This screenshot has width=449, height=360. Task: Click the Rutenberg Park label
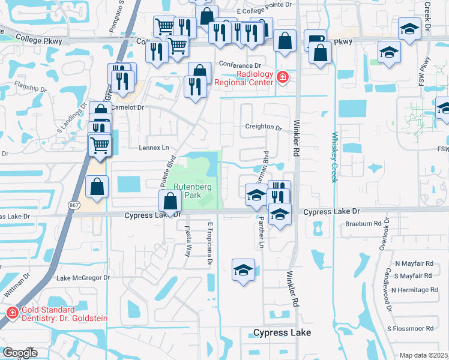tap(191, 191)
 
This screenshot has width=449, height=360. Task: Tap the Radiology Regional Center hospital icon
tap(282, 77)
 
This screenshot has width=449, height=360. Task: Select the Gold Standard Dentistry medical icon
tap(11, 312)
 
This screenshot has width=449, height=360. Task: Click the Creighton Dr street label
tap(264, 127)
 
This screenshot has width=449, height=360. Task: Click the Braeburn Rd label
tap(363, 223)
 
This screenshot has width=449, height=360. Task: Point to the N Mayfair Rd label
tap(414, 263)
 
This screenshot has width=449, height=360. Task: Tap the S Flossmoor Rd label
tap(410, 329)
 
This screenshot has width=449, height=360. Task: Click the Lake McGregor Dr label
tap(83, 278)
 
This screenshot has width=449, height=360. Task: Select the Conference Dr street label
tap(241, 65)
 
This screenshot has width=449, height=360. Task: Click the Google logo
tap(20, 353)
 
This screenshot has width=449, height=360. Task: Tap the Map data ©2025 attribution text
tap(423, 355)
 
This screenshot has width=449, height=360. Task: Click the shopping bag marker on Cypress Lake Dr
tap(170, 202)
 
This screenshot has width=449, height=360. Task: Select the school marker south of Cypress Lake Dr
tap(243, 271)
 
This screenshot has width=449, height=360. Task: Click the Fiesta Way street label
tap(188, 240)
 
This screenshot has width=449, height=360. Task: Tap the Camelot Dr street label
tap(127, 107)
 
